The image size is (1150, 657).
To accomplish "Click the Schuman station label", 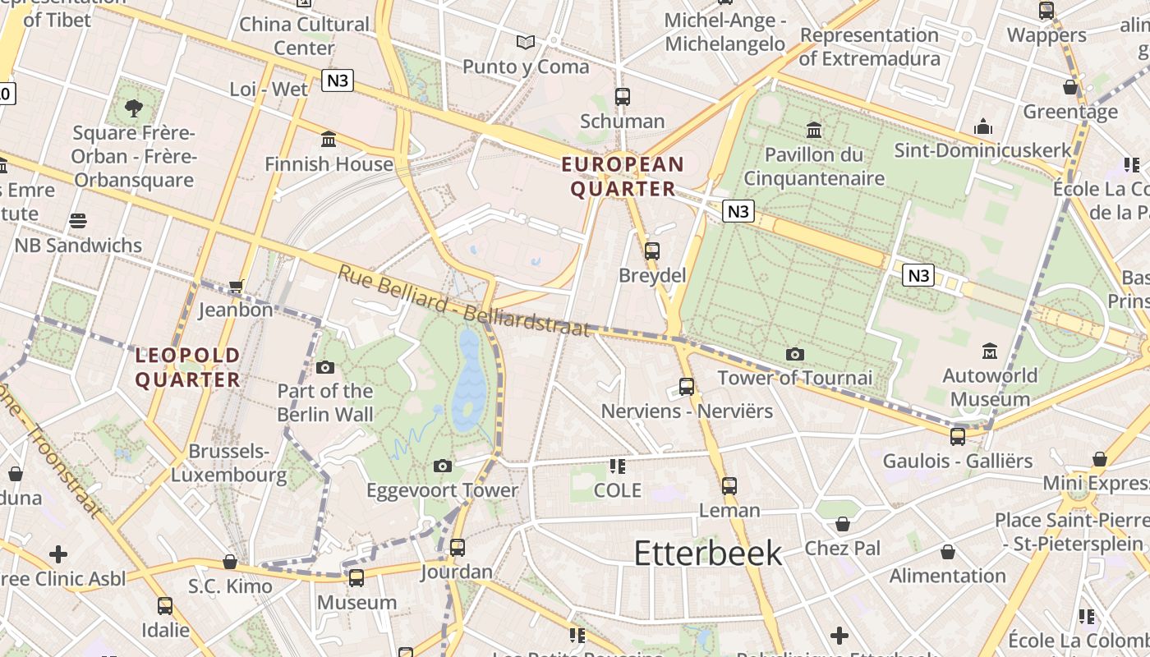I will point(622,122).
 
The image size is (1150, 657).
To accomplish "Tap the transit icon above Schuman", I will point(622,96).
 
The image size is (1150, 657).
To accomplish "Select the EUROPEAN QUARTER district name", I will point(623,177).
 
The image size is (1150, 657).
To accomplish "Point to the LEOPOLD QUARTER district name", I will point(187,367).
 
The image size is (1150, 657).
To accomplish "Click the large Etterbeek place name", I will point(708,554).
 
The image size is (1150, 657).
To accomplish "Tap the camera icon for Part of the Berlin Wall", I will point(325,367).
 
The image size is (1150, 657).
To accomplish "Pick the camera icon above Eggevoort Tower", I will point(443,466).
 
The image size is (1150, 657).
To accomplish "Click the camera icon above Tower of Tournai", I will point(794,354).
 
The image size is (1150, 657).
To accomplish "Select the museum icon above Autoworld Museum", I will point(990,351).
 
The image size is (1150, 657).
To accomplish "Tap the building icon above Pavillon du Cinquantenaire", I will point(814,130).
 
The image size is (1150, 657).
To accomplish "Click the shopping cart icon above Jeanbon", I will point(237,286).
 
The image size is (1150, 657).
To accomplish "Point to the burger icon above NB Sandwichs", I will point(78,220).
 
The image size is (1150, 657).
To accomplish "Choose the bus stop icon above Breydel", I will point(652,250).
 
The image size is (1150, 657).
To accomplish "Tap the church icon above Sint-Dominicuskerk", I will point(983,126).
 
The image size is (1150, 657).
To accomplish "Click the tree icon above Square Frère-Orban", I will point(133,108).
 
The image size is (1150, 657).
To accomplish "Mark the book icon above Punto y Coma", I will point(526,42).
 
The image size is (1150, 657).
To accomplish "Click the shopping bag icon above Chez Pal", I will point(842,524).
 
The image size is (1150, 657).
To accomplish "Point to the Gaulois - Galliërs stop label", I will point(957,461).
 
